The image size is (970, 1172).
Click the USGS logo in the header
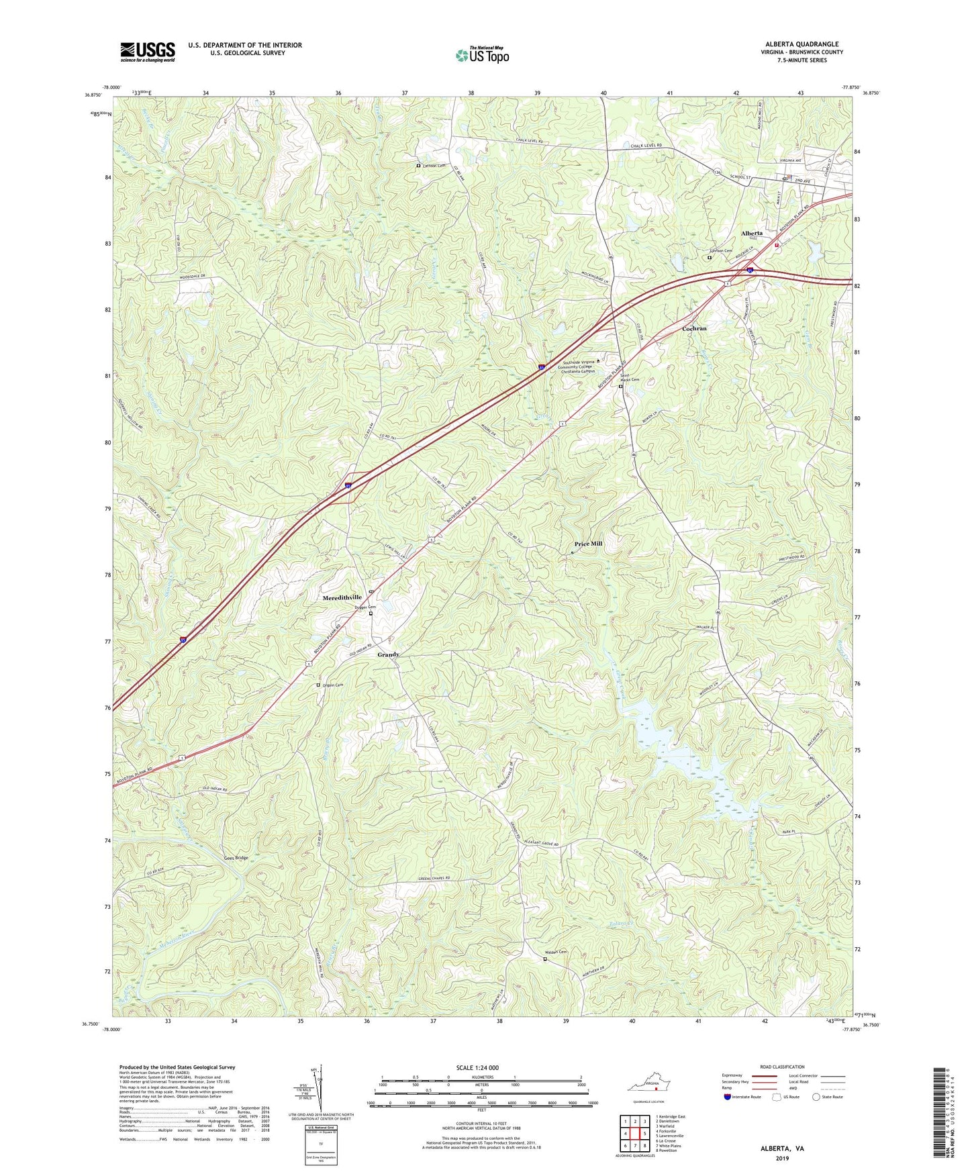(148, 52)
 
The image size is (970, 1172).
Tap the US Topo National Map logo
(482, 54)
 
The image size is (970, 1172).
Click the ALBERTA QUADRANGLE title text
(802, 44)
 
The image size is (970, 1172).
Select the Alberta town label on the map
(751, 233)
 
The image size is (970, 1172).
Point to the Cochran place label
(694, 329)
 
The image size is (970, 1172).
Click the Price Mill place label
(588, 544)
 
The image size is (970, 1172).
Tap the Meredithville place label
(342, 597)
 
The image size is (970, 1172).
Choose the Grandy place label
(388, 654)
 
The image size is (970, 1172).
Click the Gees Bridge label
(236, 858)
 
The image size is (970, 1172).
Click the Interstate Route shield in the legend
(728, 1097)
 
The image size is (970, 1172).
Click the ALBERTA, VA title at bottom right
(782, 1149)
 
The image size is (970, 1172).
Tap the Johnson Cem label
(721, 251)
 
